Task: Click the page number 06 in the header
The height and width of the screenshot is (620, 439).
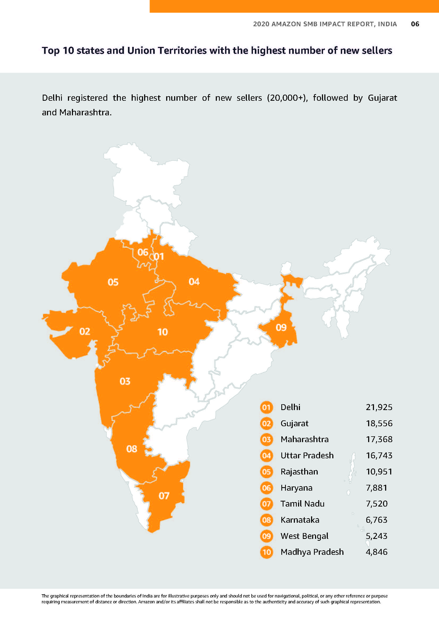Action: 415,24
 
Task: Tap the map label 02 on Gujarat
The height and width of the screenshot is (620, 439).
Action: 85,331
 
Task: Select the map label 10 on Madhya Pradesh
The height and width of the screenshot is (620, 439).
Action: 162,332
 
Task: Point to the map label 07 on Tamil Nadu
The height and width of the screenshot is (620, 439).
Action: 164,496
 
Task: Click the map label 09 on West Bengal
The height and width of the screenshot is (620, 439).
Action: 281,328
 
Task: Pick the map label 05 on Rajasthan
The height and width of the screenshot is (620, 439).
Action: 113,282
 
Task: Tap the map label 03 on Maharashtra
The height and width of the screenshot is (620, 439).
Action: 125,381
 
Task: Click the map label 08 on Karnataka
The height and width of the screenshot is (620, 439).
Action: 132,449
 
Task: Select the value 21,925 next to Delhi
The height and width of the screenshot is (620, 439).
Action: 379,407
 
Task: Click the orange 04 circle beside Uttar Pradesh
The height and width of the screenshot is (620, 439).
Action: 266,456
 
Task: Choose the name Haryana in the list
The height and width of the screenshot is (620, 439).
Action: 296,488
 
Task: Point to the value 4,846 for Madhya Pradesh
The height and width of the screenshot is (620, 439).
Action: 377,552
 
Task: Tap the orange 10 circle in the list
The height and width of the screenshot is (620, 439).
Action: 266,552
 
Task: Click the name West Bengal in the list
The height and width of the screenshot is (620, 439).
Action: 304,536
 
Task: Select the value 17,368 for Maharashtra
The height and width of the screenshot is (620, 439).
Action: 379,439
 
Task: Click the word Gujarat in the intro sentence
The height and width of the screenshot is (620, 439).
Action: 382,98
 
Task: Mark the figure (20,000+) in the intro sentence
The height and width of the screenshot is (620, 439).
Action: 287,98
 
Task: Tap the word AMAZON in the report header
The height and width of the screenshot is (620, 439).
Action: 286,24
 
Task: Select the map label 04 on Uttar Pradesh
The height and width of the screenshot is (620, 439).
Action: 194,282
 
